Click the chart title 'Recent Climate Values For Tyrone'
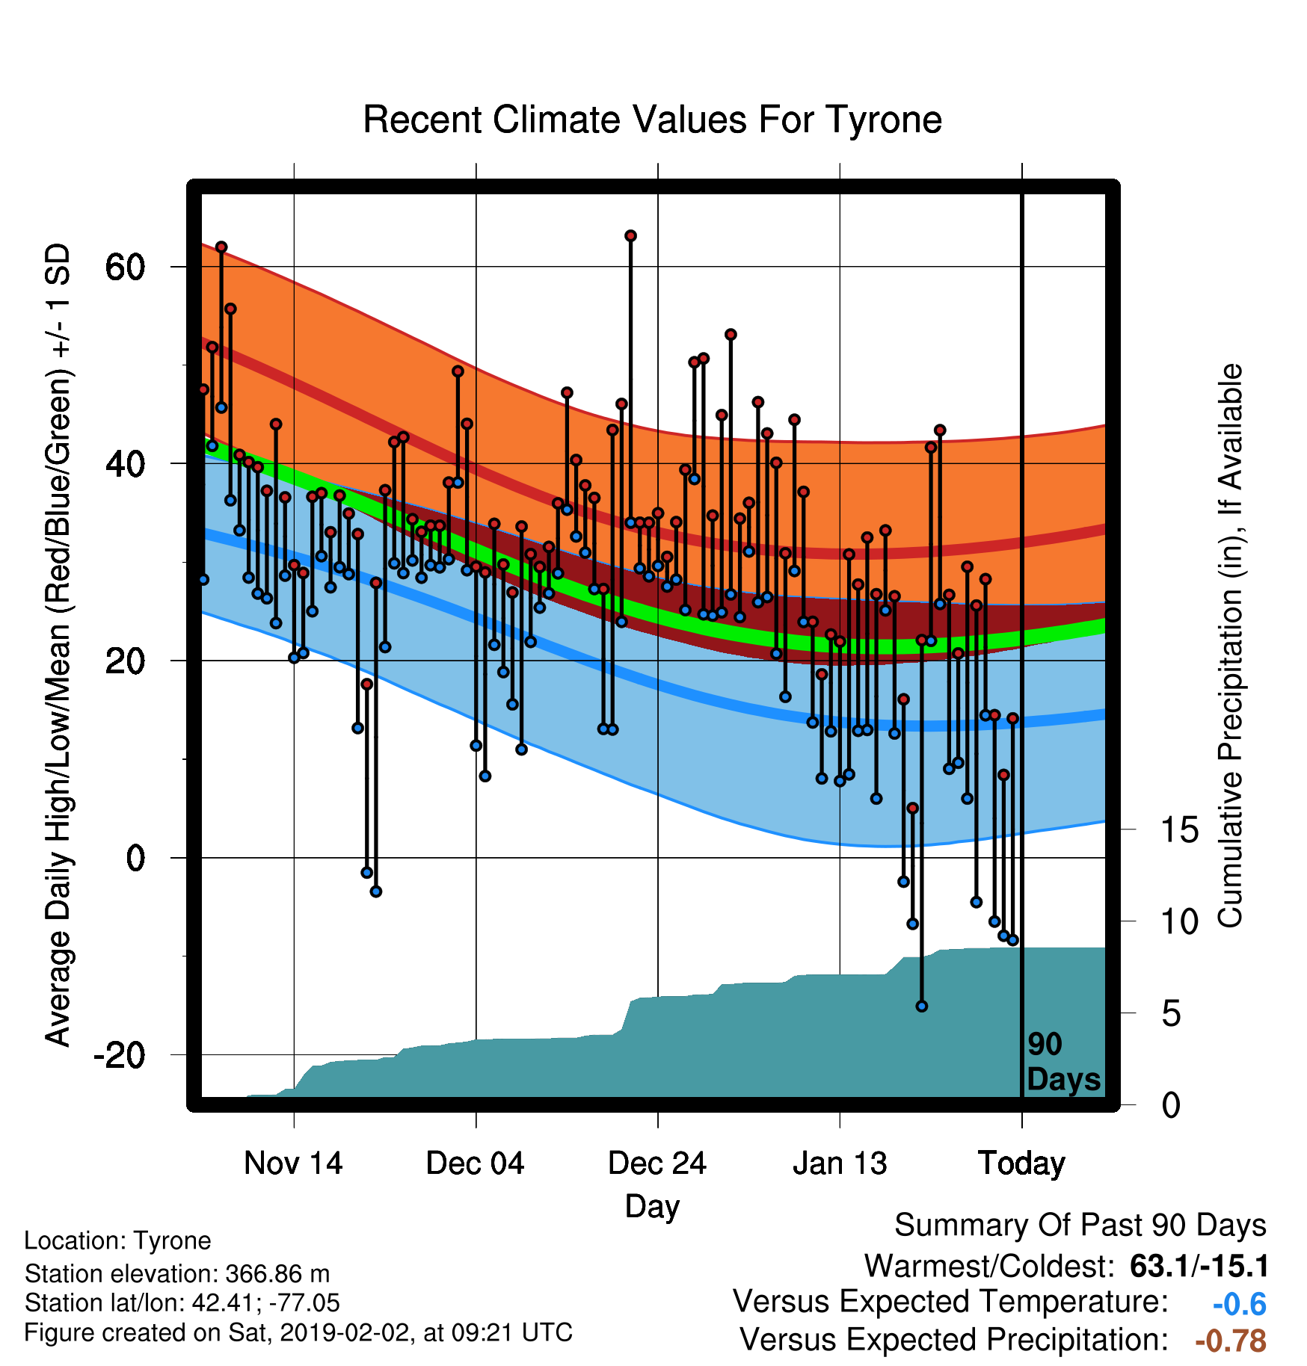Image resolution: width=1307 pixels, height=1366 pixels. (x=652, y=120)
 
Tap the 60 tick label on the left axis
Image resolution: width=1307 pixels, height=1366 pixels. (x=126, y=267)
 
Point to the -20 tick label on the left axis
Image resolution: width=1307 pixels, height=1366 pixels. (x=119, y=1054)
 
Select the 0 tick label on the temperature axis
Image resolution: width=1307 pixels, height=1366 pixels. (x=135, y=858)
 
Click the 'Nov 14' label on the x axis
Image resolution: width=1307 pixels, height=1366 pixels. (x=293, y=1163)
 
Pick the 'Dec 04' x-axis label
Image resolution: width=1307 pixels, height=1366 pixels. (x=476, y=1163)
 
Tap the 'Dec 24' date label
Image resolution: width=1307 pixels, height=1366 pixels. (x=657, y=1163)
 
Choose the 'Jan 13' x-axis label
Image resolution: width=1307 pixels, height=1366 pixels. (x=840, y=1163)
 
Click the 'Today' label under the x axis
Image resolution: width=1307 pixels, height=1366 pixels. (x=1022, y=1163)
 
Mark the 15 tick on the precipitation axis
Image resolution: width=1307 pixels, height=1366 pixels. (x=1179, y=829)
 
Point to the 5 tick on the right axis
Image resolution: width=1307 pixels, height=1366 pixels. (x=1171, y=1014)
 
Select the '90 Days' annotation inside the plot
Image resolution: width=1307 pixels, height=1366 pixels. (x=1063, y=1062)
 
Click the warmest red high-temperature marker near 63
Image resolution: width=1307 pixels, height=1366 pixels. (x=630, y=236)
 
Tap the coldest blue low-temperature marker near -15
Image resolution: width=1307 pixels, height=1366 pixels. (x=922, y=1007)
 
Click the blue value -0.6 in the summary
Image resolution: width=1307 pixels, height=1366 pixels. (x=1239, y=1304)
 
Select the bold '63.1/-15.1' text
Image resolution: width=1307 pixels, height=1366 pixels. (x=1199, y=1266)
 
